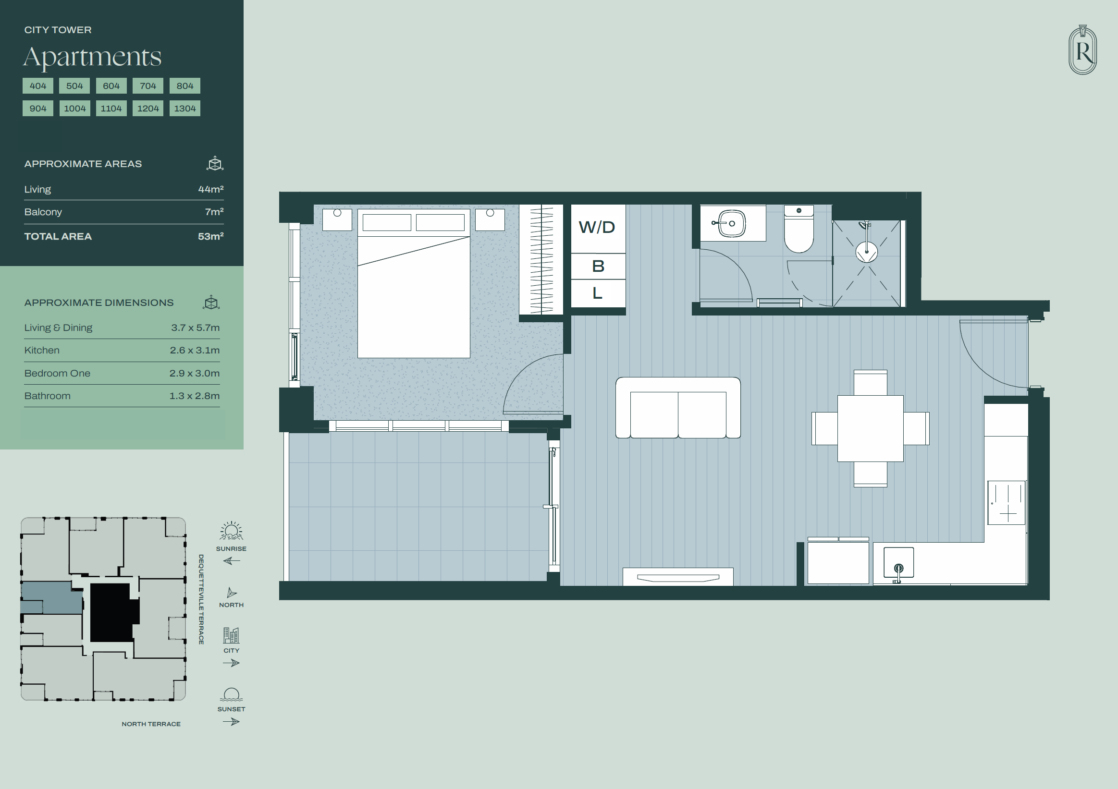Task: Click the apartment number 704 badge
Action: [x=148, y=85]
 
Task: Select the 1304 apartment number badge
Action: [x=185, y=108]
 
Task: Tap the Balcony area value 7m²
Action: [x=214, y=212]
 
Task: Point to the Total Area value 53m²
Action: [x=210, y=237]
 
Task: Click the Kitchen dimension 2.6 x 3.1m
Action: [x=195, y=351]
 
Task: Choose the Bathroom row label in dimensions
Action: [x=47, y=396]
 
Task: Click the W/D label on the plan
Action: [x=597, y=227]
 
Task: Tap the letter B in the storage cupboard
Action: [x=598, y=266]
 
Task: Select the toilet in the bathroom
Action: [x=799, y=229]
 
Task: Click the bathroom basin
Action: [x=732, y=223]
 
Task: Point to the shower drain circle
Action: [x=867, y=252]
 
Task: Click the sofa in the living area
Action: [x=678, y=408]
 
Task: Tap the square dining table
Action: [x=870, y=428]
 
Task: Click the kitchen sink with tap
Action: [x=898, y=564]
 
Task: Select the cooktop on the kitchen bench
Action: [x=1007, y=503]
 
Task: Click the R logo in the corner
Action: [x=1083, y=49]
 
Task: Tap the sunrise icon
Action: [x=231, y=531]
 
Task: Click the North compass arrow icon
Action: [x=232, y=593]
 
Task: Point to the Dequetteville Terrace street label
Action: [x=201, y=599]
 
